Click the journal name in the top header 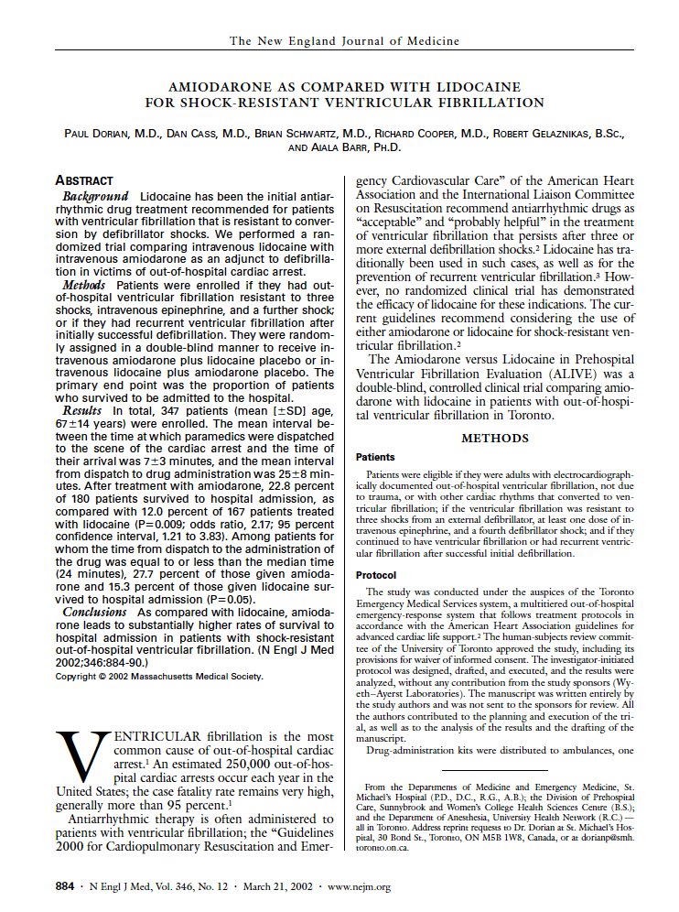(x=344, y=41)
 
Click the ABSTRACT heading (x=84, y=181)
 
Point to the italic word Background (x=96, y=197)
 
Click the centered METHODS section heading (x=495, y=439)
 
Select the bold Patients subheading (x=375, y=457)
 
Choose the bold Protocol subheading (x=375, y=574)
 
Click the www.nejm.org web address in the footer (x=359, y=886)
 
